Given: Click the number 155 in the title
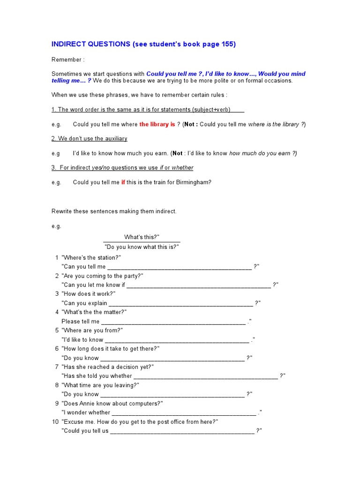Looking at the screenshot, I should [x=227, y=45].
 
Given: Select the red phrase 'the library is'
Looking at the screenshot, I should [x=157, y=124].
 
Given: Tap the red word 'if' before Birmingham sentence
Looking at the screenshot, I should [x=123, y=182].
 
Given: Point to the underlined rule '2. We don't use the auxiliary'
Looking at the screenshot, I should [x=89, y=139].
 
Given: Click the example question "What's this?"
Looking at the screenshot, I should [x=142, y=237].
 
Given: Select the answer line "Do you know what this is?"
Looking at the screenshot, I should [x=142, y=247].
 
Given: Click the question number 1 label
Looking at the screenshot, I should [x=57, y=258].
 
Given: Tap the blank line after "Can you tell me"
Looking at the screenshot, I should [x=180, y=267].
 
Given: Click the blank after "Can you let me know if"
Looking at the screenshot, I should [x=198, y=285].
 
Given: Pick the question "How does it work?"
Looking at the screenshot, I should [x=89, y=294].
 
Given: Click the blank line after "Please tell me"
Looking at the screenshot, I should [x=173, y=322].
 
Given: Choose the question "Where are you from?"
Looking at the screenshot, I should [x=92, y=330].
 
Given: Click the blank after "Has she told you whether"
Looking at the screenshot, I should [x=206, y=376].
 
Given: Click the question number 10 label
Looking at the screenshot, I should [x=55, y=422].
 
